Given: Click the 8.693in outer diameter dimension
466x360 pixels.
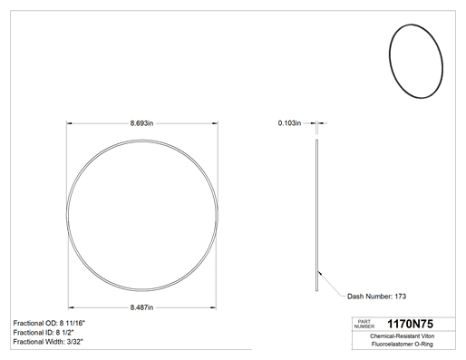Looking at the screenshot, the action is coord(141,123).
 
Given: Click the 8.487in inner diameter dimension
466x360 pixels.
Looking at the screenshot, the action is coord(141,307).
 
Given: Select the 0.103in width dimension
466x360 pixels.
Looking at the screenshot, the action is coord(289,123).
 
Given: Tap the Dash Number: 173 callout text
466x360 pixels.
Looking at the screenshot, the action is coord(376,297).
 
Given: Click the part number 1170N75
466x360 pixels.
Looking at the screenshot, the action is coord(410,324).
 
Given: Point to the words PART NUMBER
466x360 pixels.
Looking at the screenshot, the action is coord(364,324).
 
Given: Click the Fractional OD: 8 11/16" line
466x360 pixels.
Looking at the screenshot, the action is coord(49,323).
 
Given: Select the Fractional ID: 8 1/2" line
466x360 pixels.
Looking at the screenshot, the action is coord(44,333).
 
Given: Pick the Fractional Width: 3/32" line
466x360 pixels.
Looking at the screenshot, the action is coord(48,342).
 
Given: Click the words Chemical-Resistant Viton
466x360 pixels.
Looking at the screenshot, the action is coord(402,336).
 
